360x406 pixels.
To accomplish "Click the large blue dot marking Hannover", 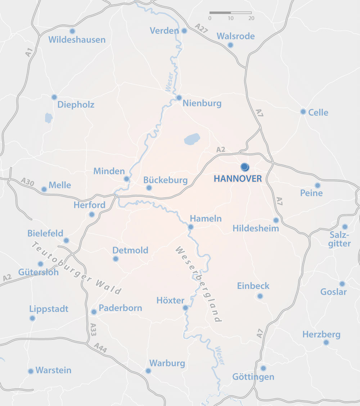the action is [x=245, y=167].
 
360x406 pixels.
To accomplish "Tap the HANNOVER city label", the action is [x=238, y=179].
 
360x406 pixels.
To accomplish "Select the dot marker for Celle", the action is [x=303, y=112].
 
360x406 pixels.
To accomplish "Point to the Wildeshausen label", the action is [x=77, y=40].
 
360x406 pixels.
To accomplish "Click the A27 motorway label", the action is [x=202, y=28].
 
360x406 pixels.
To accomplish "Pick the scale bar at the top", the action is [x=230, y=13].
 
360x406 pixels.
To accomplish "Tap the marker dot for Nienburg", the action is [x=179, y=98].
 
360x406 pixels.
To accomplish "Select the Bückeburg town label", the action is [x=165, y=180].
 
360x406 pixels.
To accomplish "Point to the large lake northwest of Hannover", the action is [x=192, y=139].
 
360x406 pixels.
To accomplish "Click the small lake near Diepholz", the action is [x=48, y=118].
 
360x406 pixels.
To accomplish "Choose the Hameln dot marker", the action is [x=191, y=227].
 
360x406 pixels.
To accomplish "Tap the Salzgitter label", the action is [x=339, y=239].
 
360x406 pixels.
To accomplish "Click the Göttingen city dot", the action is [x=263, y=368].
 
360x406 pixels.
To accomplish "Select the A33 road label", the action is [x=93, y=329].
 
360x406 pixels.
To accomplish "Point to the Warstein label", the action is [x=53, y=370].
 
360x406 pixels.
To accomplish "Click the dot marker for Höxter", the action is [x=185, y=308].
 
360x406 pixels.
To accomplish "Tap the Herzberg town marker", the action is [x=326, y=342].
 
